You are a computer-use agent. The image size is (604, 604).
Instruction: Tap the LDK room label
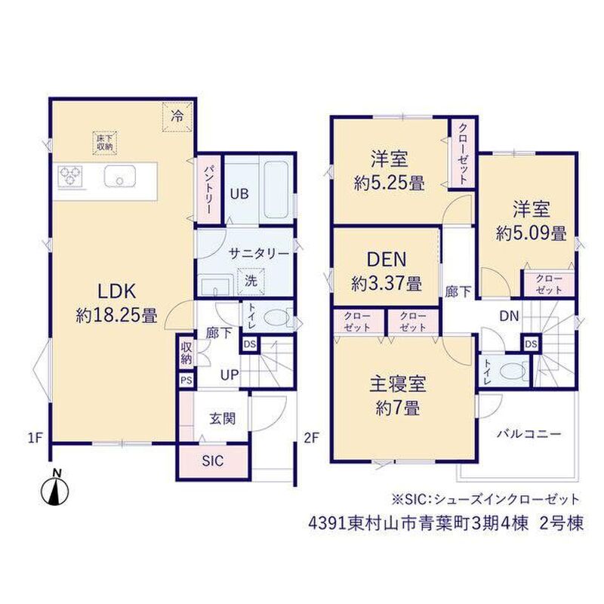(x=117, y=291)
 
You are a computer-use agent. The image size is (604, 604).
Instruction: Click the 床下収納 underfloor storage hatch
(x=105, y=143)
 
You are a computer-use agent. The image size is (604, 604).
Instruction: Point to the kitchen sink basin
(x=120, y=177)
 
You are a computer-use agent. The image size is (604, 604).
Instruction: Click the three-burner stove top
(x=70, y=177)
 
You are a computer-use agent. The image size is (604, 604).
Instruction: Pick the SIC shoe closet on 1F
(x=213, y=461)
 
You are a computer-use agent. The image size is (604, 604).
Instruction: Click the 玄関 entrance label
(x=222, y=418)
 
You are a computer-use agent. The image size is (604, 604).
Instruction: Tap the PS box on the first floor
(x=186, y=381)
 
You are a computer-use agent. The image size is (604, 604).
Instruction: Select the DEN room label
(x=387, y=259)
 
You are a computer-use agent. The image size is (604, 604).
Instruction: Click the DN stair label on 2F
(x=509, y=316)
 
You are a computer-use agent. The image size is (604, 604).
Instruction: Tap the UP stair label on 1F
(x=230, y=374)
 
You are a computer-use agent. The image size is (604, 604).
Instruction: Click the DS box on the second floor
(x=531, y=344)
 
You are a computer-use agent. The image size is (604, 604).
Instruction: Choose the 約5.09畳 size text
(x=532, y=233)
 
